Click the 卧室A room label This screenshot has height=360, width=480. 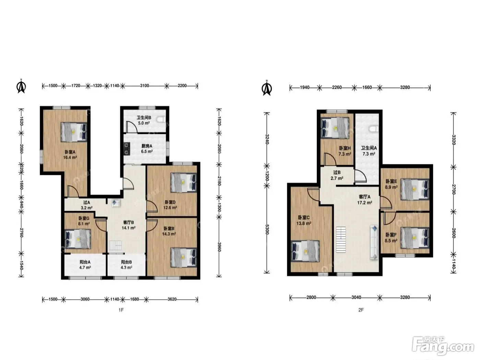(x=70, y=155)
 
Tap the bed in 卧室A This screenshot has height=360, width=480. (x=74, y=132)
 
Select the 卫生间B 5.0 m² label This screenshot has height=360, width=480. (x=144, y=120)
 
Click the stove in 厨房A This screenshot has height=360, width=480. (x=127, y=149)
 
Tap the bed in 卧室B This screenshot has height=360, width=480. (x=184, y=257)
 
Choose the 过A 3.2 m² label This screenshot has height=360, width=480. (x=87, y=205)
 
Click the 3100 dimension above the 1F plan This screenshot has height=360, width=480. (x=145, y=86)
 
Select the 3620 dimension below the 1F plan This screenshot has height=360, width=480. (x=172, y=299)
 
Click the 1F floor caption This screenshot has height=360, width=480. (x=121, y=310)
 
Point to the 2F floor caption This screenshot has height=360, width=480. (x=361, y=310)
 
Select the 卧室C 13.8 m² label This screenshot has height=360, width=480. (x=304, y=220)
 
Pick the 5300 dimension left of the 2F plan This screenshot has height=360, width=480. (x=267, y=229)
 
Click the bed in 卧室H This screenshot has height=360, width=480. (x=334, y=128)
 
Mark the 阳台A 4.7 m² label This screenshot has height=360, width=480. (x=85, y=264)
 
